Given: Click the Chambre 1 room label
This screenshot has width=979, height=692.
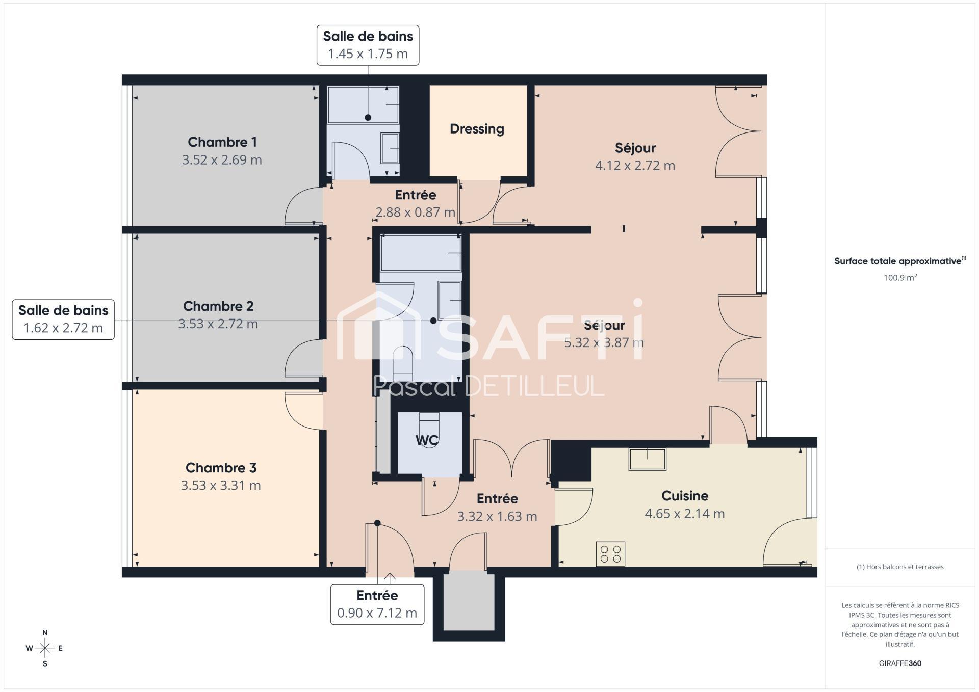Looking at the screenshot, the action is (222, 142).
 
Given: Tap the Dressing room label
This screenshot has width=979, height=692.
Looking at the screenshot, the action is (477, 129).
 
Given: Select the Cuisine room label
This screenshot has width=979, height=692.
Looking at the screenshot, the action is (685, 496).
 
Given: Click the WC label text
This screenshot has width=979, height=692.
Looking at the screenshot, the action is (427, 440).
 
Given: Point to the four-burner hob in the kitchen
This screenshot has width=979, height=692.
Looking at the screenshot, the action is (610, 554).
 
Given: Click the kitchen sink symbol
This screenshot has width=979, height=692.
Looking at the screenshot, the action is (647, 459).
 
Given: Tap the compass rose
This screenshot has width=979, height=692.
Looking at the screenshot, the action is (45, 648).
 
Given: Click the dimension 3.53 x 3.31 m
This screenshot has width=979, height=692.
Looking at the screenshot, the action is (221, 486).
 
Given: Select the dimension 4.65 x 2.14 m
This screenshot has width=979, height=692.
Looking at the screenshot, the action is (685, 514).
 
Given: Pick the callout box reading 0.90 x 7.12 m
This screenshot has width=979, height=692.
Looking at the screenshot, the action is (377, 604).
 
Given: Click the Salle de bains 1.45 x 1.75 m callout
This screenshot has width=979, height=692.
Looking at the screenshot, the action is (368, 45).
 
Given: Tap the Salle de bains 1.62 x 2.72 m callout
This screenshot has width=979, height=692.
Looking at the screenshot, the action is (63, 320).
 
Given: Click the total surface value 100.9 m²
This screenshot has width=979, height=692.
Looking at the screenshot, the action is (900, 278).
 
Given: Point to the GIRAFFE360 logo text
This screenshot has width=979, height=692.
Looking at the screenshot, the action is (900, 663).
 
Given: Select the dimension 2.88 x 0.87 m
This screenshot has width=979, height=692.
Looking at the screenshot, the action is (415, 212).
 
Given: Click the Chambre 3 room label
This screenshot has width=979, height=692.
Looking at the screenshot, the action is (221, 468).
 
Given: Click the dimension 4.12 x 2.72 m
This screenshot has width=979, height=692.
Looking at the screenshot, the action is (635, 166).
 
